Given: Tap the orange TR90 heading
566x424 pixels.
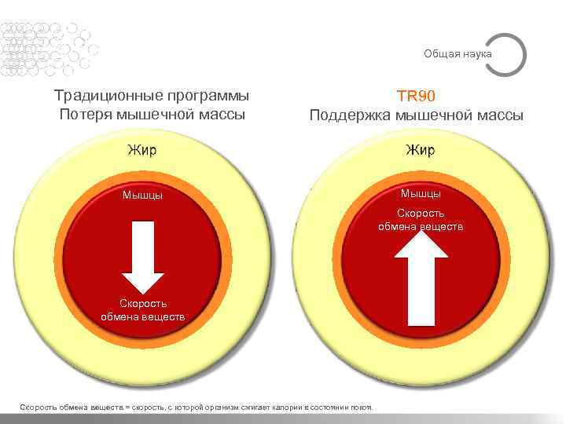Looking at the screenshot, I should pos(416,96).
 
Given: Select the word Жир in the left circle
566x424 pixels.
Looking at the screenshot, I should pos(143,149).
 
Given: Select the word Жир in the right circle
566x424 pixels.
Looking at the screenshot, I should pos(421,149).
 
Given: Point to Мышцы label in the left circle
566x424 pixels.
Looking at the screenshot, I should pos(143,195).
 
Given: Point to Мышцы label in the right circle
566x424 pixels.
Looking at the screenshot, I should pos(421,193).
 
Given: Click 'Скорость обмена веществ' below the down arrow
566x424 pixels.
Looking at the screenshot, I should pos(143,310).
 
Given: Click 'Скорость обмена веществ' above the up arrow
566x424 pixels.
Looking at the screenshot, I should pos(421,219).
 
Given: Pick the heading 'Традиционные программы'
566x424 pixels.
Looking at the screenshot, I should pos(152,96).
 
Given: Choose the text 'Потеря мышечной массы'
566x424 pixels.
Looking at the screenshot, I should pos(152,115).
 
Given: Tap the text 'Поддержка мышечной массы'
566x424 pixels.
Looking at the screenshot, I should pos(416,115).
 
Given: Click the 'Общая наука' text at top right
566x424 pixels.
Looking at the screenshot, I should pos(458,53).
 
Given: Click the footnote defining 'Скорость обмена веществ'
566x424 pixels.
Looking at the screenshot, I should pos(200,407).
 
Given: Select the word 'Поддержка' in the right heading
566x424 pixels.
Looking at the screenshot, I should pos(350,115).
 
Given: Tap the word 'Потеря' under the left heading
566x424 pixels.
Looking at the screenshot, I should pos(84,115).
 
